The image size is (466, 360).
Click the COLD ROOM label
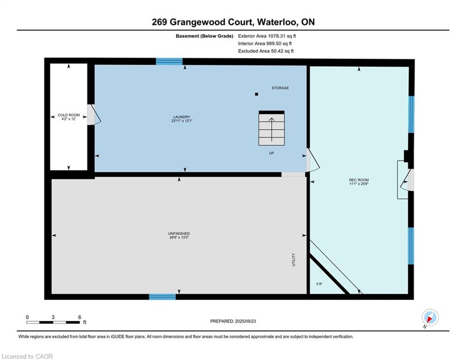(69, 115)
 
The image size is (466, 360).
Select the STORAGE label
(280, 88)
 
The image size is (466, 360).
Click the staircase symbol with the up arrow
(272, 128)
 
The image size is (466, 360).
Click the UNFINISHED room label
(179, 233)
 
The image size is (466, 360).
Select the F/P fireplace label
(319, 284)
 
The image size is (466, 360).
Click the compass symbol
(429, 317)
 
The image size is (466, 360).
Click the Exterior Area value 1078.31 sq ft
(267, 36)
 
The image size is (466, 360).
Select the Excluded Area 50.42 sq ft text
(266, 51)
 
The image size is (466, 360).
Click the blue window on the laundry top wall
(169, 61)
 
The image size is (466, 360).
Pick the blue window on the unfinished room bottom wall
(163, 297)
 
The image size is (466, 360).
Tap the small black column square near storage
(257, 94)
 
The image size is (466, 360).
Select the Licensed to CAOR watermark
(28, 356)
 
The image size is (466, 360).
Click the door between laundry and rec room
(312, 160)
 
